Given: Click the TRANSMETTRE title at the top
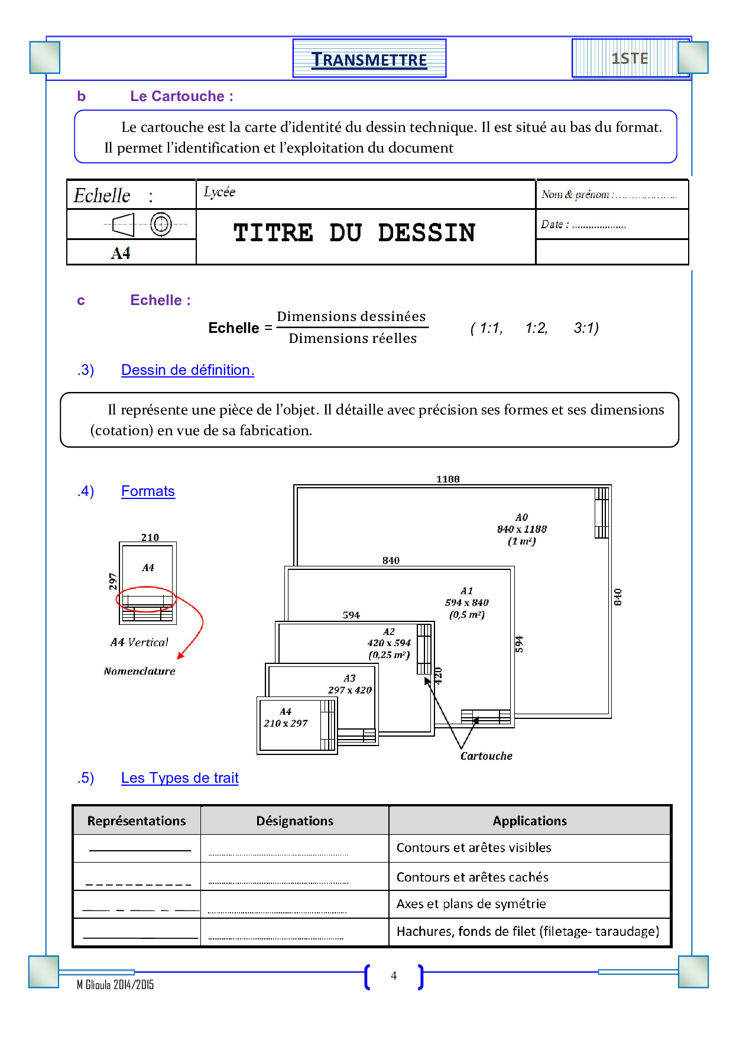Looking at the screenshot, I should coord(369,60).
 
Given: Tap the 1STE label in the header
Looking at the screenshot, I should coord(630,59).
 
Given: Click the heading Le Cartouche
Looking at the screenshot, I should coord(181,96).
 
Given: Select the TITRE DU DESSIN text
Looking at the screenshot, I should coord(354,233).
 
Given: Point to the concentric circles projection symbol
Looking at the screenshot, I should coord(161,224).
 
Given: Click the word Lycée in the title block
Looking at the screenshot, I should coord(219,192).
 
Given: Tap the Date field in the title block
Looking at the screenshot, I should coord(583,225).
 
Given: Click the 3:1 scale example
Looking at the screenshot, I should coord(586,328).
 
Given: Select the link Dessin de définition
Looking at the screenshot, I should coord(187,370).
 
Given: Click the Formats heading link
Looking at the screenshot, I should coord(148,491).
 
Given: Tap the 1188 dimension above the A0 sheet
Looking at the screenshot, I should coord(447,479).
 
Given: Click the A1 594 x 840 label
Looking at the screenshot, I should coord(467,602).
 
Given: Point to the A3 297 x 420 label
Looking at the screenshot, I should coord(350,684).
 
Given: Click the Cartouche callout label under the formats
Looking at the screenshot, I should coord(486,756).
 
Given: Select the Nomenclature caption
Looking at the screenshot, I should coord(140,671).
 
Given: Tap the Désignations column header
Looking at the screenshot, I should coord(294,821).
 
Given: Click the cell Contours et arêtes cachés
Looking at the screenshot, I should coord(472,877).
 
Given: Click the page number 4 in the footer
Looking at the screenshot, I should coord(394,976).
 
